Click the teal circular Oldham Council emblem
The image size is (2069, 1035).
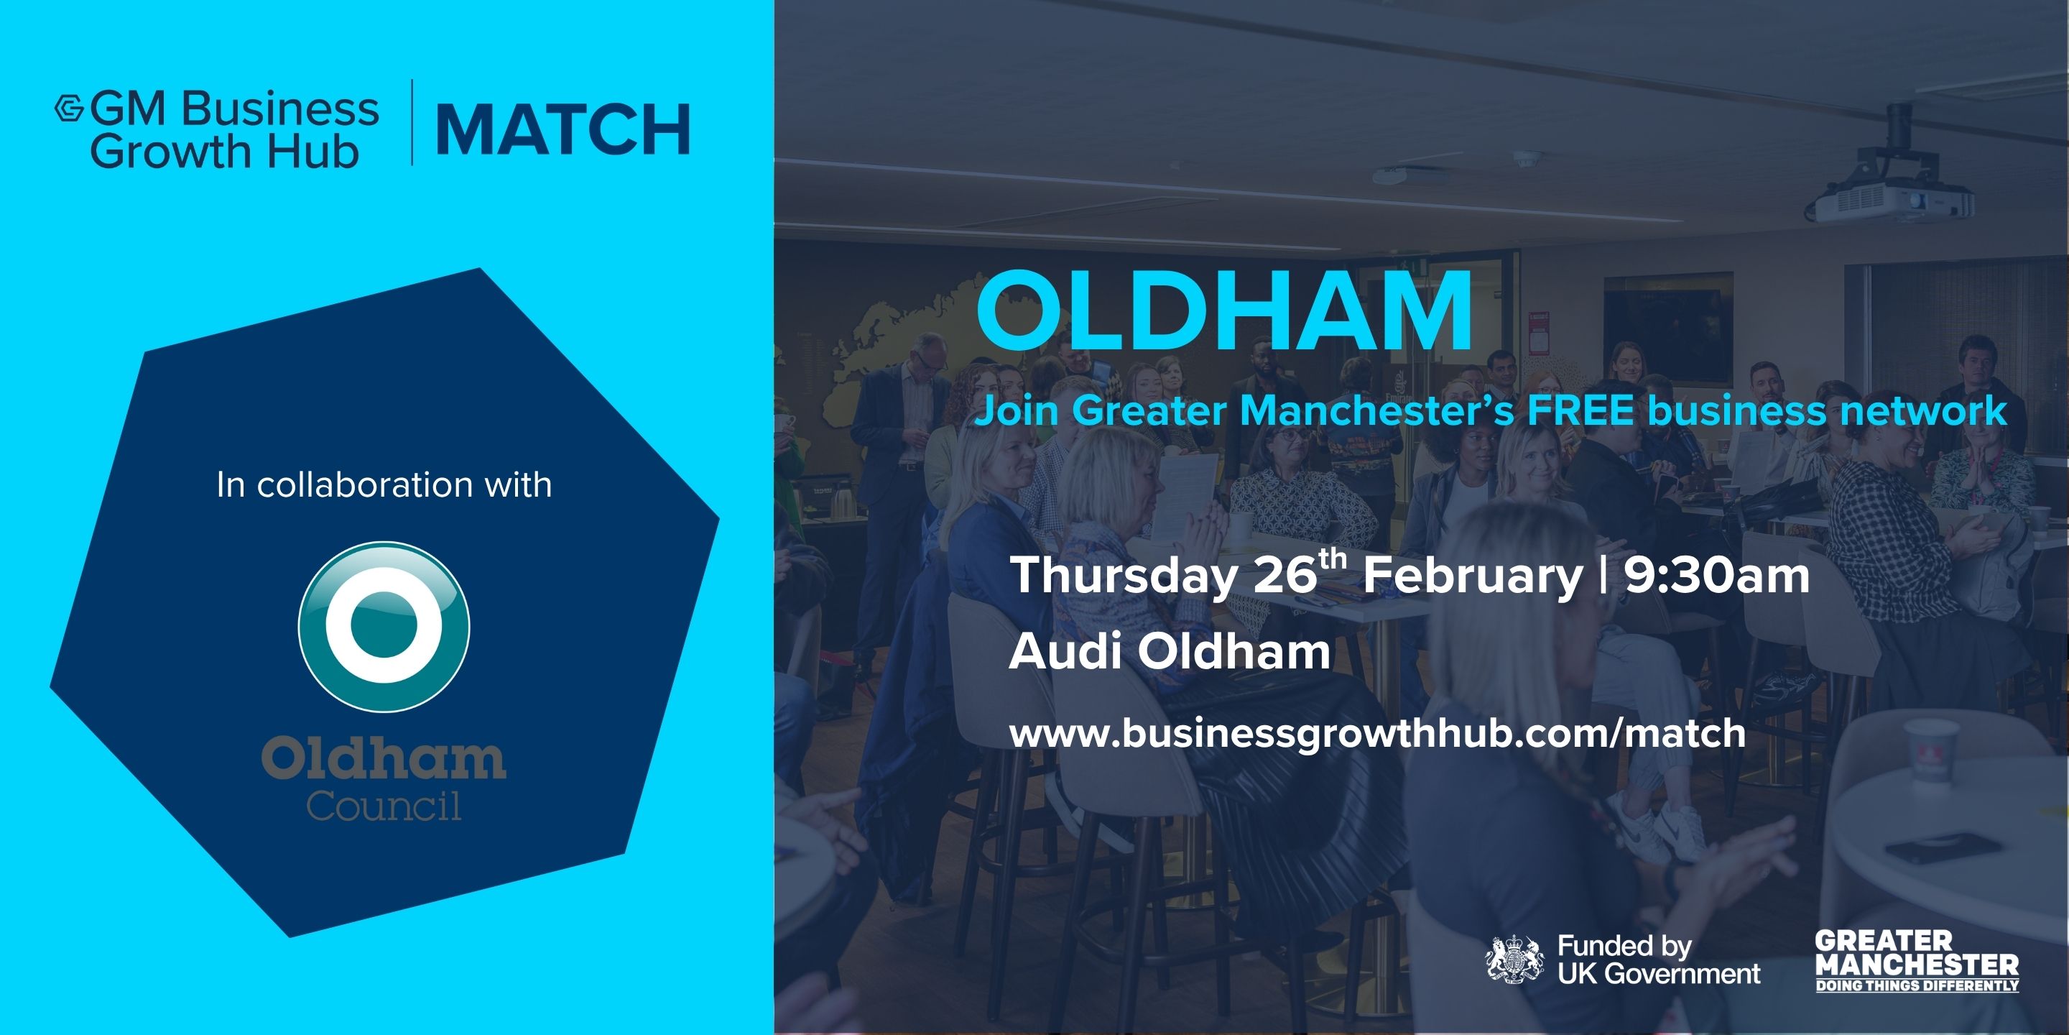pyautogui.click(x=384, y=626)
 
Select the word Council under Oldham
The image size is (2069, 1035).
pyautogui.click(x=384, y=806)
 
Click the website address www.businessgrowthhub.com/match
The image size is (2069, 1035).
pyautogui.click(x=1377, y=735)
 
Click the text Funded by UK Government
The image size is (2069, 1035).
pyautogui.click(x=1658, y=960)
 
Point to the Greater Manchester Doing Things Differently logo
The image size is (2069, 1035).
pyautogui.click(x=1917, y=961)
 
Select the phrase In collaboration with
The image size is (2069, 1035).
pyautogui.click(x=384, y=484)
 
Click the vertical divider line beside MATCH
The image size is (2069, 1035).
pyautogui.click(x=412, y=122)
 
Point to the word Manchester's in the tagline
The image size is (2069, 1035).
pyautogui.click(x=1377, y=410)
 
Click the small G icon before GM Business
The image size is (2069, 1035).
pyautogui.click(x=69, y=109)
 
